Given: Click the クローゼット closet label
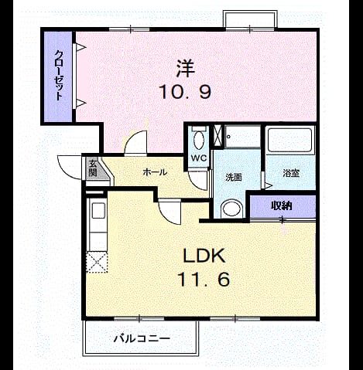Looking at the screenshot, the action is [59, 75].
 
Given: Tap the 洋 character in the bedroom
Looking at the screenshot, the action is [185, 68].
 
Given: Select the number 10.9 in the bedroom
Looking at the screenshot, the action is [185, 92].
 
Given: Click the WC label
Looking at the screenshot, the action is [199, 158].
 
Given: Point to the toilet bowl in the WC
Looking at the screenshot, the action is [199, 140].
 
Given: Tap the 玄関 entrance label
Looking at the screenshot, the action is [93, 168].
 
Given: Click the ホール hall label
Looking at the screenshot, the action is [155, 172].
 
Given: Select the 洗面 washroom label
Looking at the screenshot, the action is [234, 178].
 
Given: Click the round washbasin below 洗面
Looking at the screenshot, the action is [231, 209].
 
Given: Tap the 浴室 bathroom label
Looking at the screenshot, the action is [291, 173].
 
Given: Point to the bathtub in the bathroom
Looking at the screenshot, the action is [289, 140].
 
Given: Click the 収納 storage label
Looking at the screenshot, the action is [282, 205].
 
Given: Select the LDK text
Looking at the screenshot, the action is [204, 256].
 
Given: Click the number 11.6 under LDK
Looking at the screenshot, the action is [204, 280].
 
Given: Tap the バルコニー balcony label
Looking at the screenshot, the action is [142, 338].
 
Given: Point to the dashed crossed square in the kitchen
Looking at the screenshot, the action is [97, 262].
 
